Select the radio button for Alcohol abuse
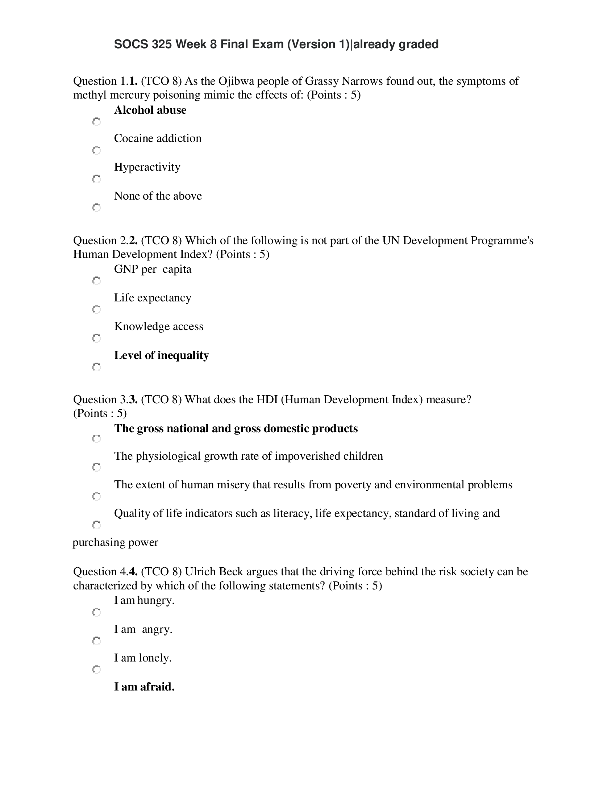pyautogui.click(x=96, y=121)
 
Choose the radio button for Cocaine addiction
pyautogui.click(x=96, y=150)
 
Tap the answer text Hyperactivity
pyautogui.click(x=147, y=167)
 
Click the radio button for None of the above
pyautogui.click(x=96, y=208)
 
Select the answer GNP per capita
pyautogui.click(x=153, y=269)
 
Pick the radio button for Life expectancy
pyautogui.click(x=96, y=309)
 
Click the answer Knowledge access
pyautogui.click(x=158, y=326)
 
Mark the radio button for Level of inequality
pyautogui.click(x=96, y=367)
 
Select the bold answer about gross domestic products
pyautogui.click(x=236, y=429)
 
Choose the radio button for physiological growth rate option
pyautogui.click(x=96, y=467)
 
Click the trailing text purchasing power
pyautogui.click(x=115, y=542)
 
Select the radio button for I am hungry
pyautogui.click(x=96, y=612)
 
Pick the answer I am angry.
pyautogui.click(x=143, y=629)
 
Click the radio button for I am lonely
pyautogui.click(x=96, y=669)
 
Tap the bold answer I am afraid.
pyautogui.click(x=144, y=687)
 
